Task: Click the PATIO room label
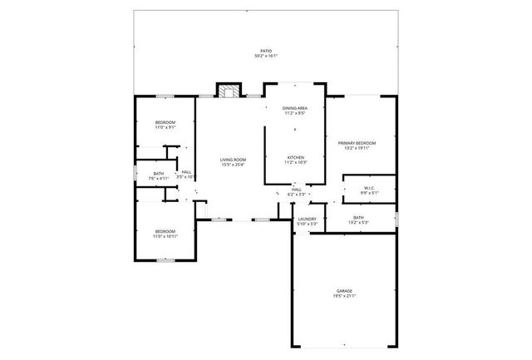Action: (x=266, y=51)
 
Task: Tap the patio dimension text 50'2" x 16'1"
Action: (x=266, y=56)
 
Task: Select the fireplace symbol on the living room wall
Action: (x=228, y=91)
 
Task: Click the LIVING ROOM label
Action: (x=233, y=159)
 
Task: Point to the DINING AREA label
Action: (x=295, y=108)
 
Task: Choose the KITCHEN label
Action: (x=295, y=157)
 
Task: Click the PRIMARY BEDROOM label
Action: (x=357, y=143)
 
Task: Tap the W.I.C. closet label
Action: (x=370, y=188)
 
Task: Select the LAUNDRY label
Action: (x=308, y=219)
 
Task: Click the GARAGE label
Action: (x=344, y=291)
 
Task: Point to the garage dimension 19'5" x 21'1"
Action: (x=344, y=296)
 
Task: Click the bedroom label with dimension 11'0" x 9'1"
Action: (x=165, y=123)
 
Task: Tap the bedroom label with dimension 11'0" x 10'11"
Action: (x=165, y=231)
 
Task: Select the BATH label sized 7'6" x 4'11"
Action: (x=159, y=173)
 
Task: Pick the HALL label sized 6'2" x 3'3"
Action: (x=297, y=190)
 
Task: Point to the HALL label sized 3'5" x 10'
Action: (x=187, y=172)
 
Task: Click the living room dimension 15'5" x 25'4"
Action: (x=233, y=164)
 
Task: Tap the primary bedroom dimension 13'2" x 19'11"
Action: (x=357, y=148)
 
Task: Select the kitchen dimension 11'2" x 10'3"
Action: (x=295, y=162)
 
